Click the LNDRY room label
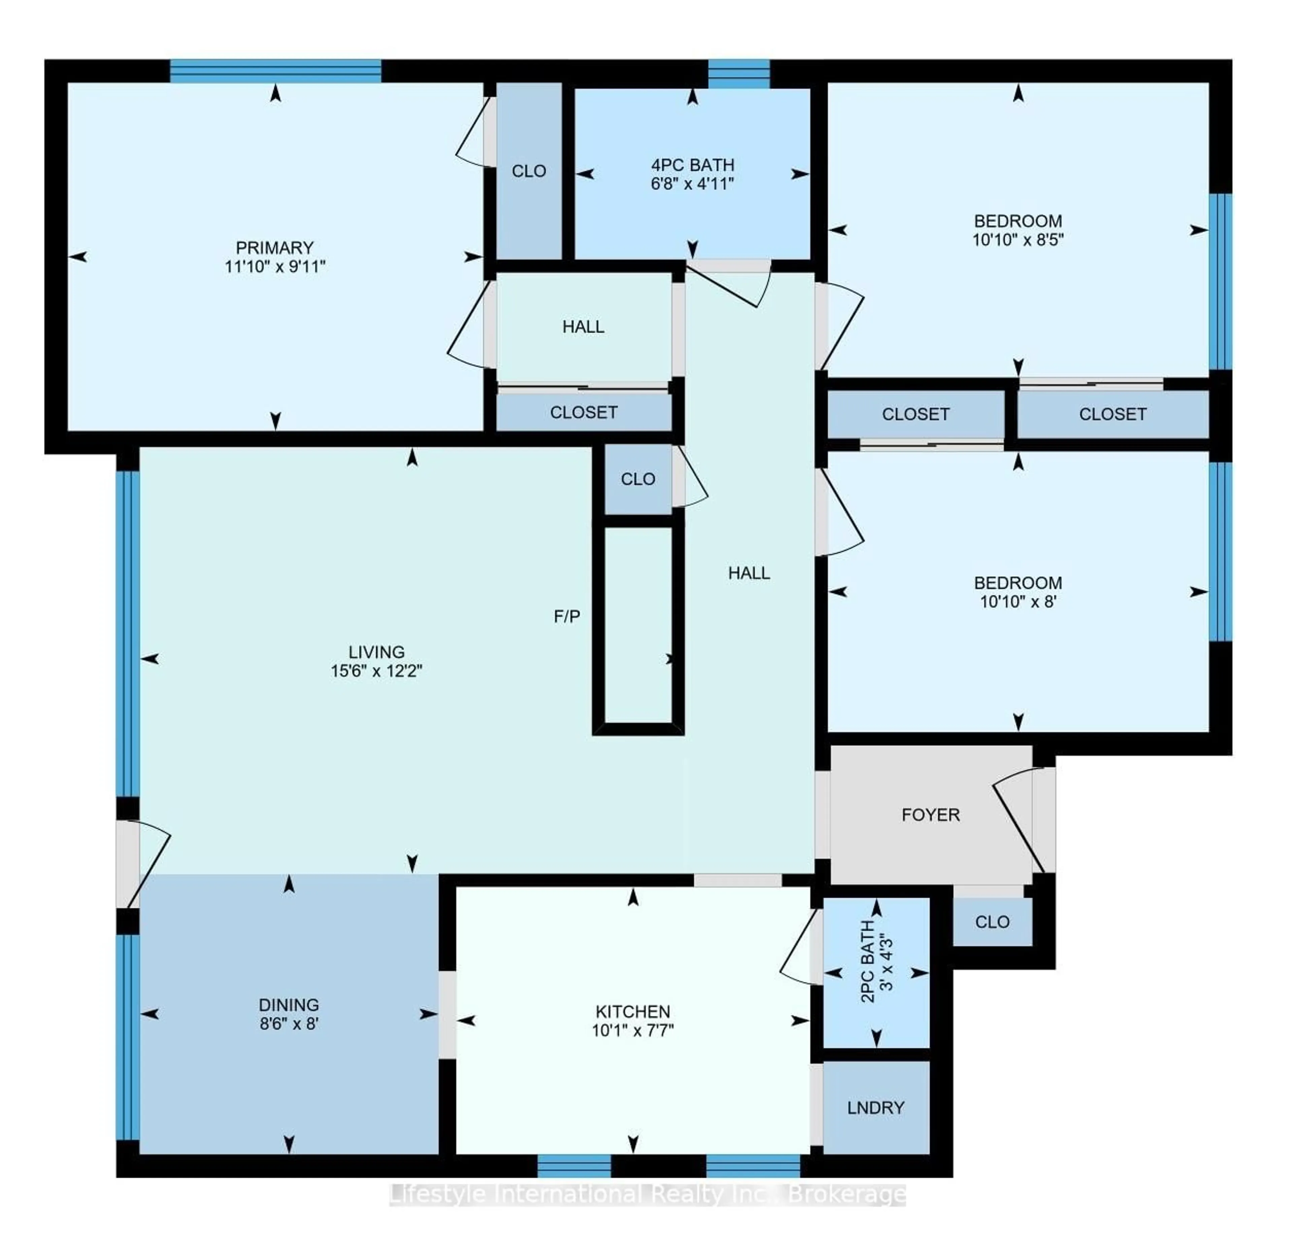(x=875, y=1108)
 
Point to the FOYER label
(x=930, y=815)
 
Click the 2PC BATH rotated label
(x=867, y=961)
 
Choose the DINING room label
(x=289, y=1005)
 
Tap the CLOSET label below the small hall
(x=584, y=412)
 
